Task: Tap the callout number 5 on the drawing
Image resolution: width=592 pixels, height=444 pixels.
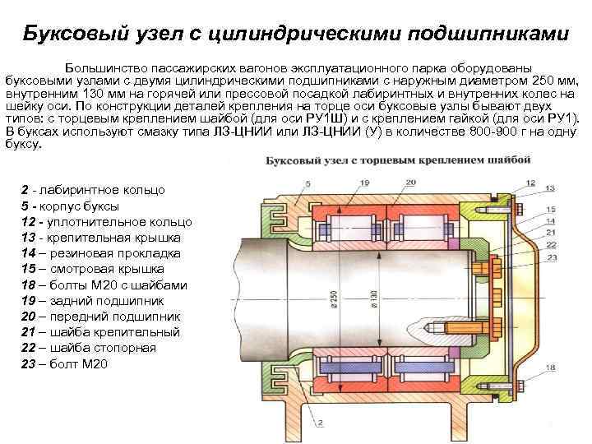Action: coord(308,181)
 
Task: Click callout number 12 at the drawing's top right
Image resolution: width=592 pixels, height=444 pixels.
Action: coord(529,183)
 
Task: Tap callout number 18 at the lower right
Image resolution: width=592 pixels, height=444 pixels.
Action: coord(549,368)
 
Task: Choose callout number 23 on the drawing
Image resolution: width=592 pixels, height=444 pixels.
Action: coord(551,257)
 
